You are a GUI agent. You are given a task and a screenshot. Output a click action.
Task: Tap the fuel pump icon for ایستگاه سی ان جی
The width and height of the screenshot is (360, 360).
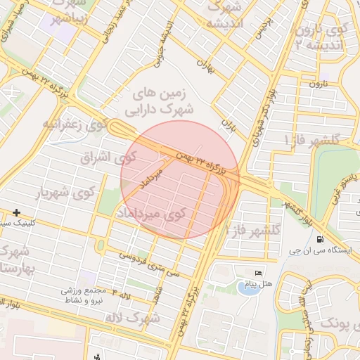tap(321, 250)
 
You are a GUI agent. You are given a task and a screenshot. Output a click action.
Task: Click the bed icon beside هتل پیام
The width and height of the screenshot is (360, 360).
tap(258, 273)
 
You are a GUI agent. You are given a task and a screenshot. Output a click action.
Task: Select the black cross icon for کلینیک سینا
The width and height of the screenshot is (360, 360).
tap(16, 212)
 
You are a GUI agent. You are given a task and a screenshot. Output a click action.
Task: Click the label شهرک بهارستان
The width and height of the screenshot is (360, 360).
tap(13, 260)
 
